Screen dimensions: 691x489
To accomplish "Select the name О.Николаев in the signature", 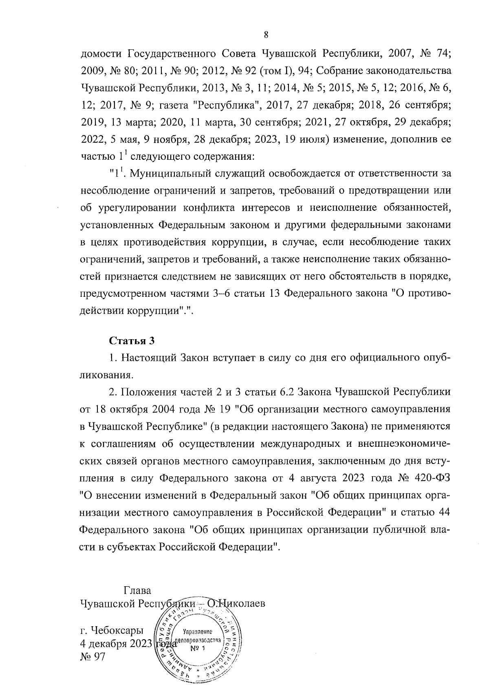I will [x=236, y=603].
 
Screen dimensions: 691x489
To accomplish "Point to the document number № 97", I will [x=93, y=656].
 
